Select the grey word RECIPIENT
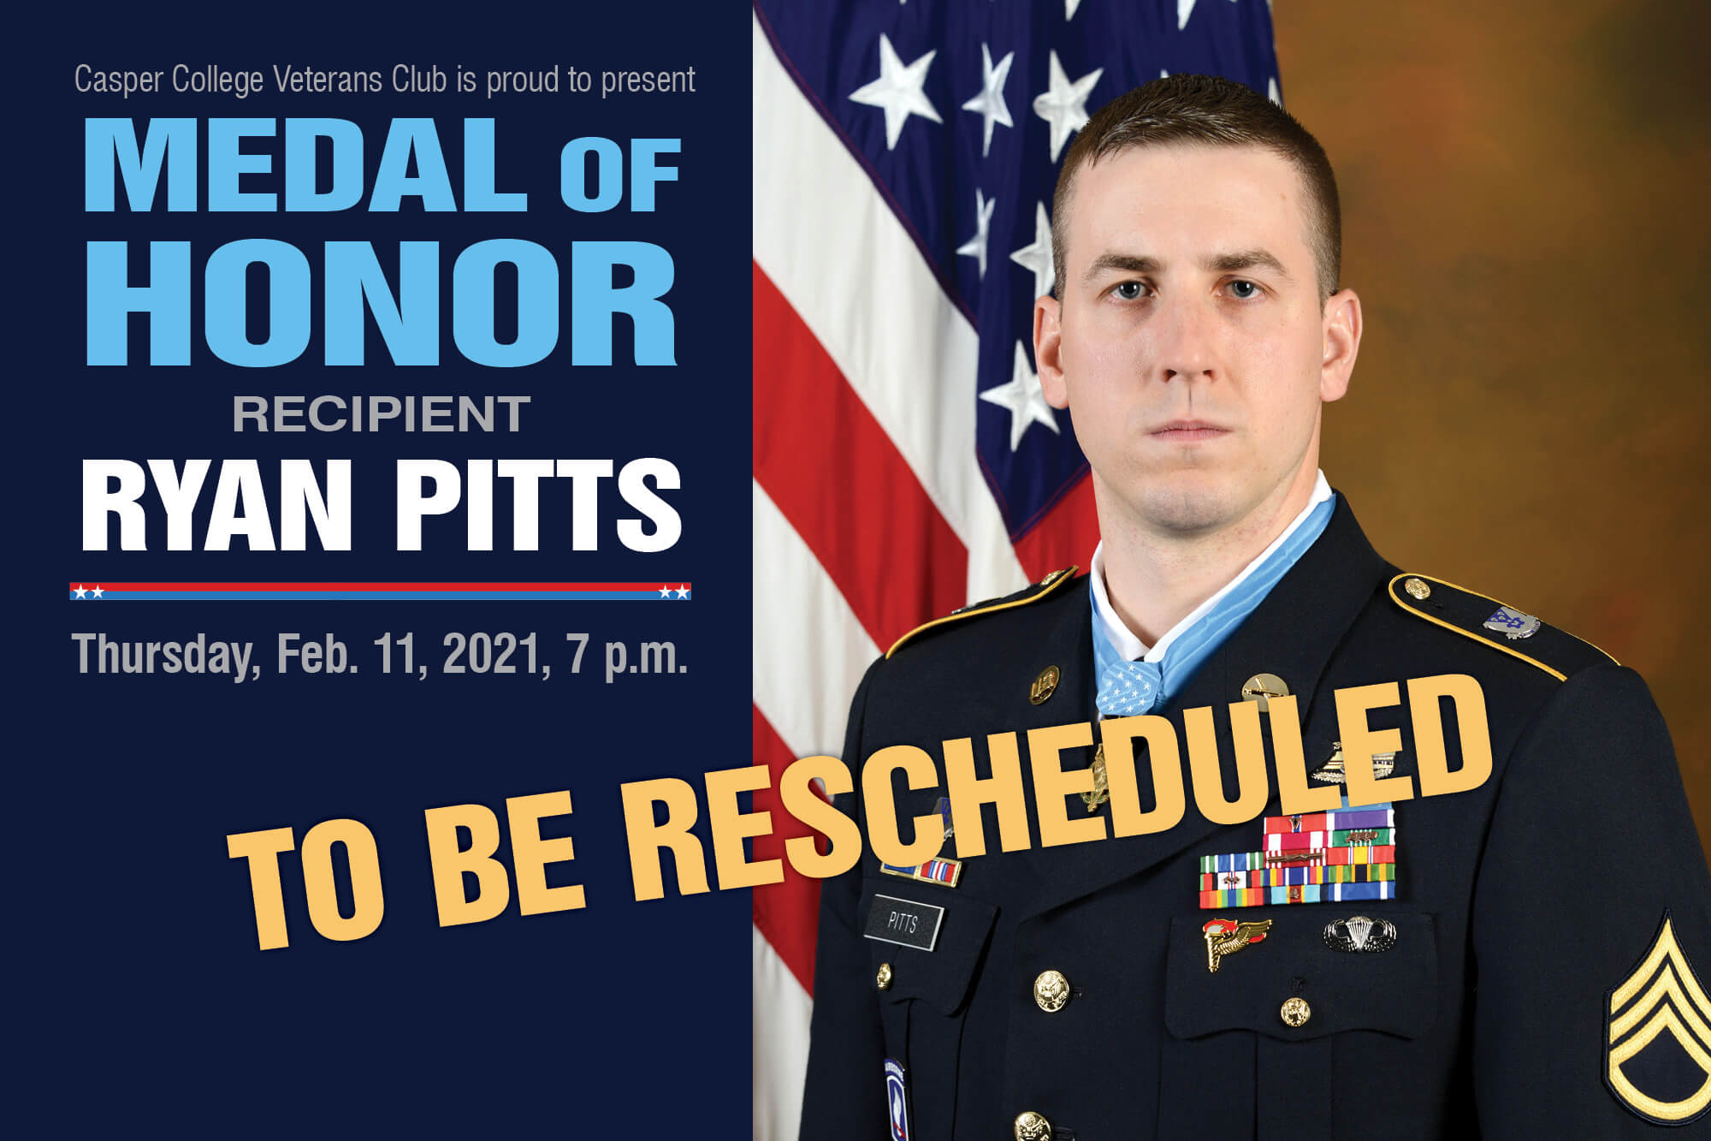pos(382,414)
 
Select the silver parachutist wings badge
pos(1359,934)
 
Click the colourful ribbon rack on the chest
pos(1297,860)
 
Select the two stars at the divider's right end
pos(673,591)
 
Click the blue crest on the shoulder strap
pos(1510,622)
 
